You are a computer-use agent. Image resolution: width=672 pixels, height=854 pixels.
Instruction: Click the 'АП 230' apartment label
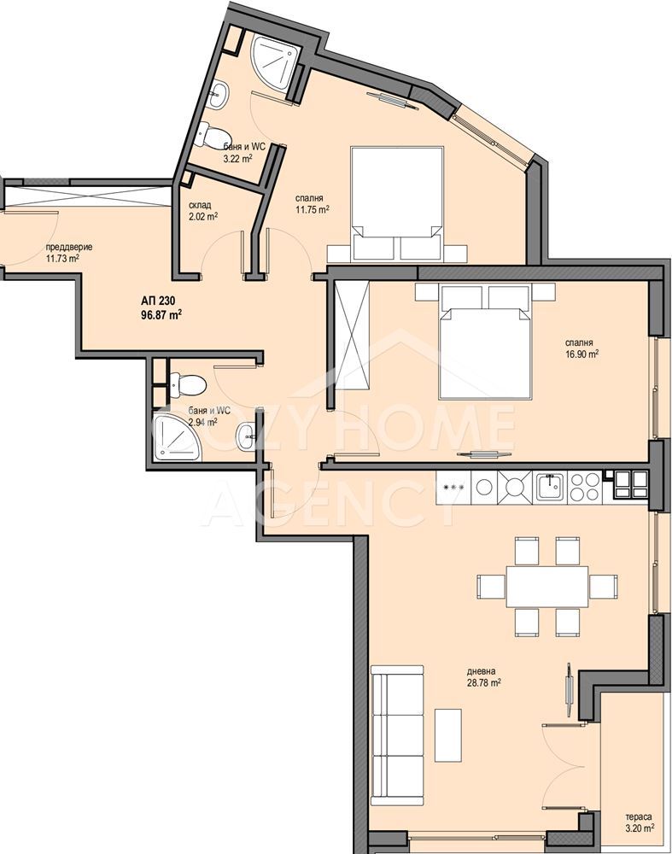(x=157, y=300)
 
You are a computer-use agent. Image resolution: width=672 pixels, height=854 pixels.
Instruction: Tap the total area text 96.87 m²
(x=161, y=314)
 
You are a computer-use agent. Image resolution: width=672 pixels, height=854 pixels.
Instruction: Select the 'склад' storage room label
(x=200, y=205)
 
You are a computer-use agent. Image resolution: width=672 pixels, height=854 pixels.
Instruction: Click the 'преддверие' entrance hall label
(x=69, y=247)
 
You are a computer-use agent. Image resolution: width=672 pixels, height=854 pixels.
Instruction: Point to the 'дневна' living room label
(x=481, y=671)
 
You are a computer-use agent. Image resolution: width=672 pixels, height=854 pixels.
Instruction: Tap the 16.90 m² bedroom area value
(x=582, y=354)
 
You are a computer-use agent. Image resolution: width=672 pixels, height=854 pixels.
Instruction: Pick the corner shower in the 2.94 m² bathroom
(x=177, y=438)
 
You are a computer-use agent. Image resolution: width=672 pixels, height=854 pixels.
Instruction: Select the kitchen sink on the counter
(x=551, y=487)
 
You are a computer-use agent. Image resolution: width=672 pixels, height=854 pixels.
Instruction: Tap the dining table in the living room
(x=547, y=587)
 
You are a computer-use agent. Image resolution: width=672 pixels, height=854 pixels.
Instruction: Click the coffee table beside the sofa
(x=448, y=735)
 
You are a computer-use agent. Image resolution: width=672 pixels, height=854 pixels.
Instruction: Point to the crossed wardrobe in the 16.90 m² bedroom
(x=352, y=335)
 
